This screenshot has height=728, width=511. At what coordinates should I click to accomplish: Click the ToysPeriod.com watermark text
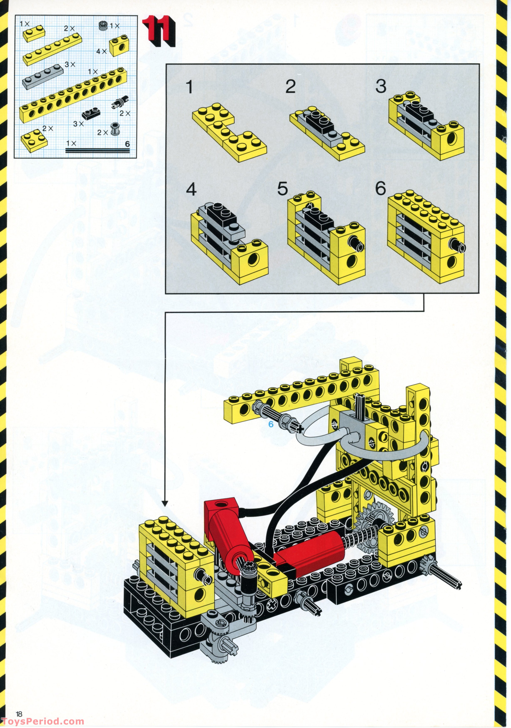point(42,722)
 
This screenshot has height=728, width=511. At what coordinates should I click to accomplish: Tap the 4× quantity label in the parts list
point(101,51)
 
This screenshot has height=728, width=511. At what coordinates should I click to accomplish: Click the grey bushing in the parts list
point(114,129)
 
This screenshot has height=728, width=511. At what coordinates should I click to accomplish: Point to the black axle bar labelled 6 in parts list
point(98,151)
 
